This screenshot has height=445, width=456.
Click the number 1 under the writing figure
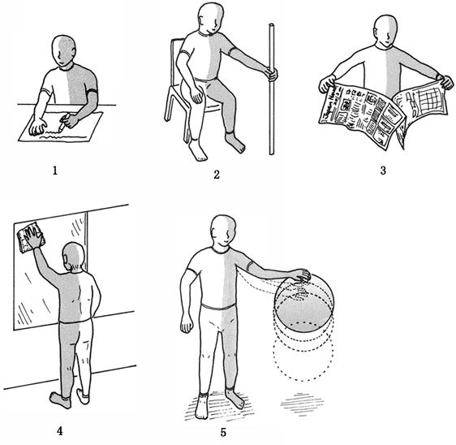tap(55, 171)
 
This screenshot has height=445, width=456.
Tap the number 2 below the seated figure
tap(217, 175)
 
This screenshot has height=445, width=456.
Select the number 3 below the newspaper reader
tap(383, 171)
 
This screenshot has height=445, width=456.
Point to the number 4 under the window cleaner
tap(59, 431)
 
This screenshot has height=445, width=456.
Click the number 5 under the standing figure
tap(223, 433)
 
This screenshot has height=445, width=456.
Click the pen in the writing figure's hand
tap(64, 122)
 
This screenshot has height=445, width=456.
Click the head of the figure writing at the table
tap(64, 51)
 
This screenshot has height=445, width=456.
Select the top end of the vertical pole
tap(272, 25)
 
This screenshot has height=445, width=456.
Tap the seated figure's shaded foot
tap(235, 143)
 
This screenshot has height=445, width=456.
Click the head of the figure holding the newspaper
tap(385, 31)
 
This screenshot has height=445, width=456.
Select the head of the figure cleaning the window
tap(74, 257)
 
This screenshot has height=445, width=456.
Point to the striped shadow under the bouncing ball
tap(302, 404)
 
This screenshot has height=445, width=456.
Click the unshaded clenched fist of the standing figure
tap(187, 323)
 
